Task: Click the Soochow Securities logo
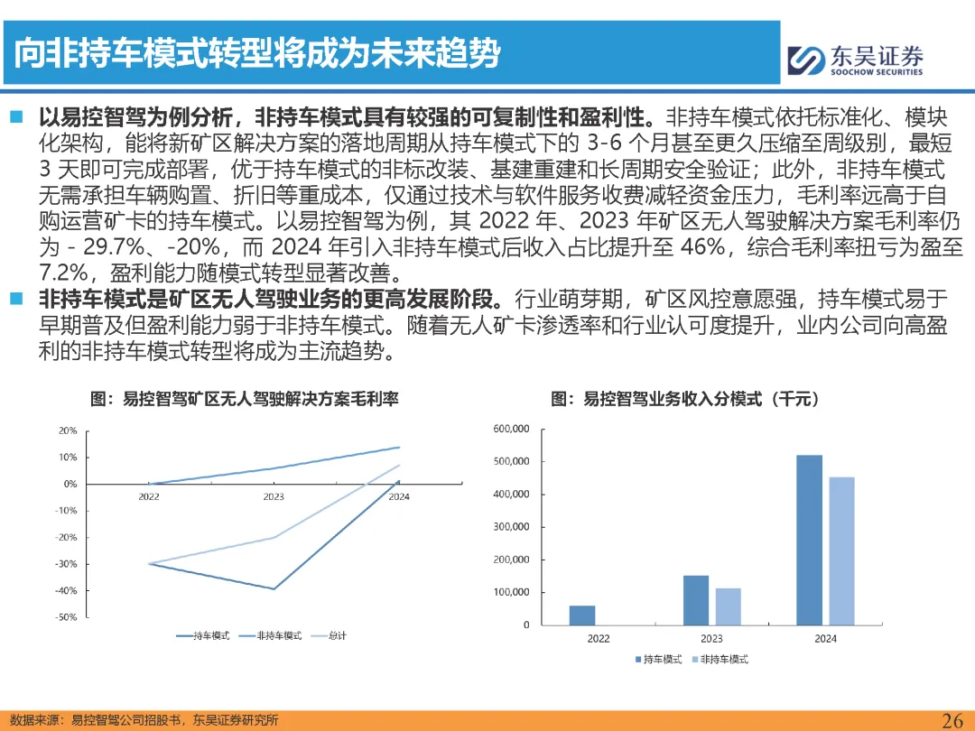[855, 60]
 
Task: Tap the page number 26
[952, 720]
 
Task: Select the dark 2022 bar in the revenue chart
[582, 615]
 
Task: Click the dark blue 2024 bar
[809, 541]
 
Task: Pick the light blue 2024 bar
[842, 551]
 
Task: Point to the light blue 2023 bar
[729, 606]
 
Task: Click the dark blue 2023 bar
[696, 600]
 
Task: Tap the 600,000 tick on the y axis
[511, 429]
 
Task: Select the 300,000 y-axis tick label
[511, 527]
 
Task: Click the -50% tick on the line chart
[66, 617]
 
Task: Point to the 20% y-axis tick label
[68, 430]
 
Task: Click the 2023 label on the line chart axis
[274, 496]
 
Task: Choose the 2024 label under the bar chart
[826, 638]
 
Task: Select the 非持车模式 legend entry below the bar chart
[720, 659]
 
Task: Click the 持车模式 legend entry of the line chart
[203, 635]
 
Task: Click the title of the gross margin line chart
[245, 399]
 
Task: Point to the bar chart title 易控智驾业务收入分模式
[673, 399]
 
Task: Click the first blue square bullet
[16, 116]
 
